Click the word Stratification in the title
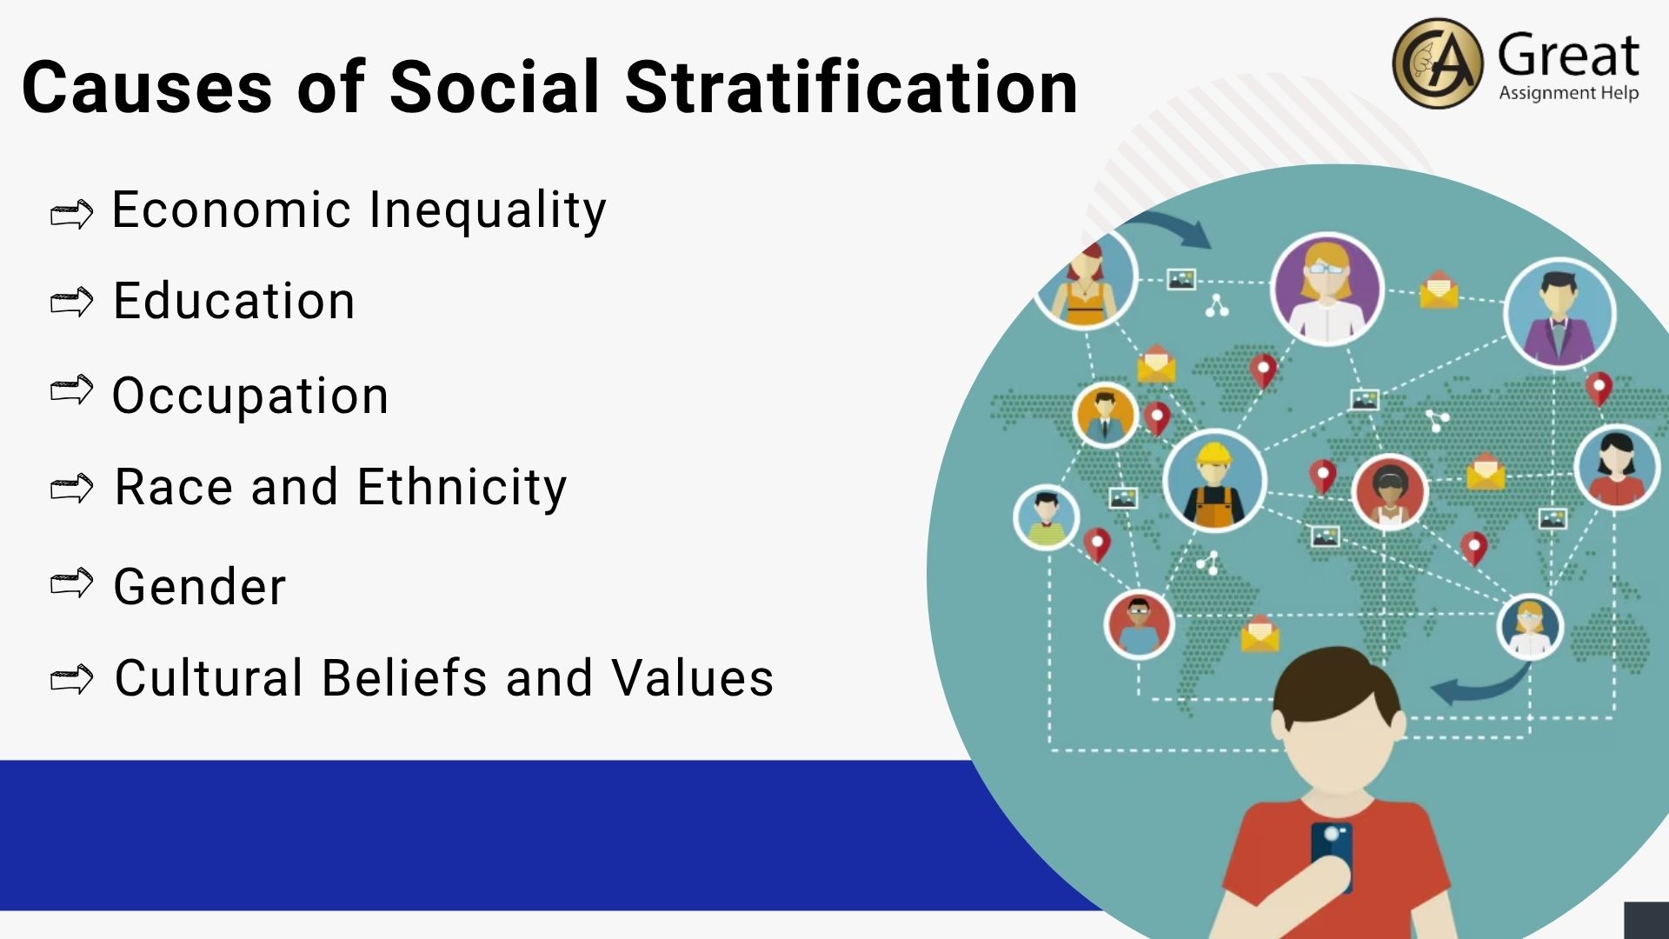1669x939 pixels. (851, 87)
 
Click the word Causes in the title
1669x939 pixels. (147, 88)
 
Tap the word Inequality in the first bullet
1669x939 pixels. (488, 211)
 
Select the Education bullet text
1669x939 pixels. (235, 301)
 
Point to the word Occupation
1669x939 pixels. (250, 396)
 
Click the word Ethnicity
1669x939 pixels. (462, 488)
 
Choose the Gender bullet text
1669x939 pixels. (200, 586)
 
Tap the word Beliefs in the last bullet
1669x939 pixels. (404, 678)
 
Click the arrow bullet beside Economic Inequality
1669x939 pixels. (71, 214)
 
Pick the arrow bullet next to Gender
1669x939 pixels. (71, 583)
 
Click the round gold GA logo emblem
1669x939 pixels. (1438, 63)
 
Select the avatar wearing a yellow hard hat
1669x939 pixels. (1214, 481)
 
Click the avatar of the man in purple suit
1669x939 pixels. (1559, 313)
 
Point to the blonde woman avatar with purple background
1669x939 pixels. (1327, 289)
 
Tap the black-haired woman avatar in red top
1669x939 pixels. (1616, 467)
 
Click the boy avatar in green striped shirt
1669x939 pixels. (1047, 517)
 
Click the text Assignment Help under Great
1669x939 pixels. (1568, 93)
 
